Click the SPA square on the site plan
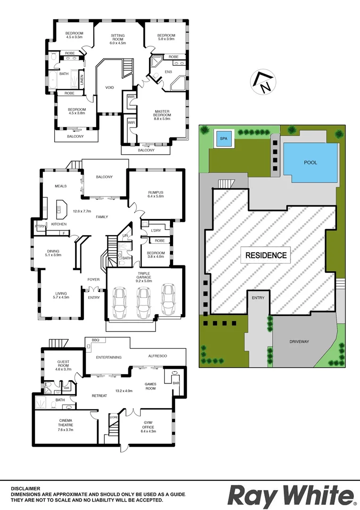click(222, 139)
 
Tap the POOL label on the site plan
click(310, 162)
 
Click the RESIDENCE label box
click(266, 255)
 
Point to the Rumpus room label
click(155, 195)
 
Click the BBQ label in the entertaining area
click(95, 340)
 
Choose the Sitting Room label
click(118, 38)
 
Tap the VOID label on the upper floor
click(109, 87)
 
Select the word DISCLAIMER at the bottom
click(26, 489)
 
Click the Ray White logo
click(291, 496)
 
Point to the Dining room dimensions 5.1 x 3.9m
click(53, 255)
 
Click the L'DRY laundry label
click(157, 230)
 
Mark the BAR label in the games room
click(176, 383)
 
